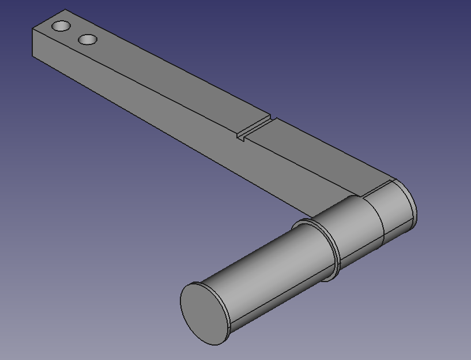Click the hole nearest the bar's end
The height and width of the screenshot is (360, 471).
click(61, 26)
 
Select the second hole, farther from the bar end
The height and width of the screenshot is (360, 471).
click(87, 40)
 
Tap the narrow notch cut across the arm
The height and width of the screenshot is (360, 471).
click(254, 129)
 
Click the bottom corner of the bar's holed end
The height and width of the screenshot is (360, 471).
click(33, 55)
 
